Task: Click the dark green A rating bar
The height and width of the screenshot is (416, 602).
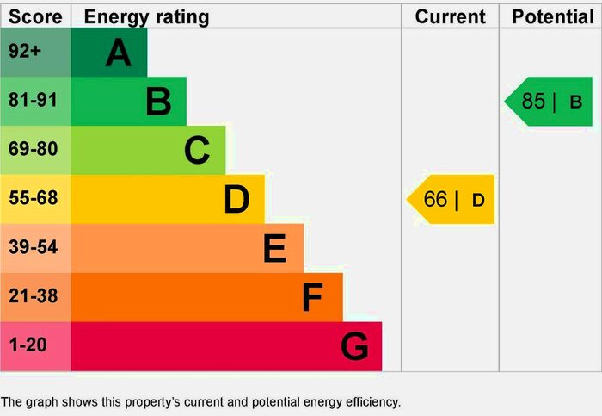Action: [x=109, y=53]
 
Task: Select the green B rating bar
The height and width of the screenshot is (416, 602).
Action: [x=129, y=102]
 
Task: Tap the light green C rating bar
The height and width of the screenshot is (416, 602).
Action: [x=148, y=151]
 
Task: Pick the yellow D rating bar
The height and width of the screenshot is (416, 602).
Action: [x=168, y=200]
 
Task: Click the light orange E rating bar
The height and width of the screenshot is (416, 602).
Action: [x=187, y=249]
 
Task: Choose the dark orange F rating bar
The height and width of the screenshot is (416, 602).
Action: [x=206, y=298]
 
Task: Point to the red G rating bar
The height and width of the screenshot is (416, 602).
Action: [x=226, y=347]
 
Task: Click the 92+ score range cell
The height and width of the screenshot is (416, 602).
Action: [x=35, y=53]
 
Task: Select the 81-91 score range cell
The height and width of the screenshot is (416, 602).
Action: [x=35, y=102]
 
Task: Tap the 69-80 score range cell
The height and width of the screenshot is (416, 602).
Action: [x=35, y=151]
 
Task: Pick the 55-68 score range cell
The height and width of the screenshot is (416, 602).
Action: [x=35, y=200]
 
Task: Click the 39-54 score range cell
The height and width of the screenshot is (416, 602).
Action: [x=35, y=249]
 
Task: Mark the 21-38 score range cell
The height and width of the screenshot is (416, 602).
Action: [x=35, y=298]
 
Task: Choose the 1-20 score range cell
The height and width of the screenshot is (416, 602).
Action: [x=35, y=347]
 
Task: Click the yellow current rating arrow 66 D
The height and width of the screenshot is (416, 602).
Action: [x=451, y=200]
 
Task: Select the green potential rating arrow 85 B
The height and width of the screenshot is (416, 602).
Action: [x=550, y=102]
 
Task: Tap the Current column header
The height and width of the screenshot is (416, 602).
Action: [x=450, y=16]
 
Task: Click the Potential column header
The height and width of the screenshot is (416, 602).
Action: [x=550, y=16]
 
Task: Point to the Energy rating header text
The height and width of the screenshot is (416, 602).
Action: [x=146, y=16]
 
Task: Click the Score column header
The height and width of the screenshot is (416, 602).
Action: [x=35, y=16]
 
